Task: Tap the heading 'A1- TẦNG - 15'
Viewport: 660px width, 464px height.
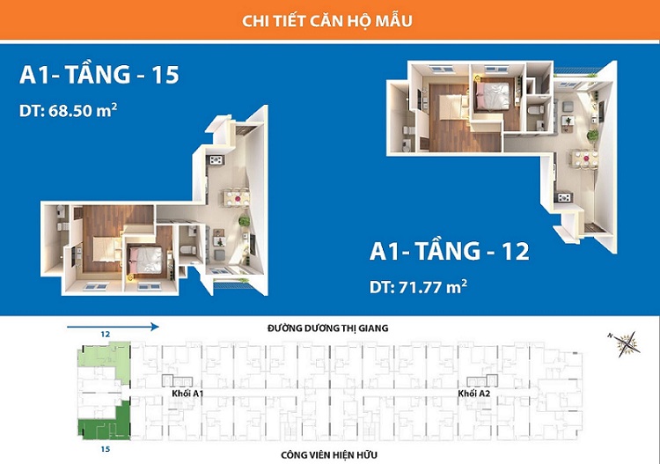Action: (99, 76)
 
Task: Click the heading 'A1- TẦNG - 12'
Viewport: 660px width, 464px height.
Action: (450, 253)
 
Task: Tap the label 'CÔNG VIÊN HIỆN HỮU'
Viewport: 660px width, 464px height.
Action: (328, 455)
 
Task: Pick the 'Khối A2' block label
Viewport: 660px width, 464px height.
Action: (474, 394)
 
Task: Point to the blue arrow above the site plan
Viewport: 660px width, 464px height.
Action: (113, 327)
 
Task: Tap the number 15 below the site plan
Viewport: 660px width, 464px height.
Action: (105, 449)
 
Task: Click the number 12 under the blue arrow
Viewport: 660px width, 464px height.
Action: (105, 335)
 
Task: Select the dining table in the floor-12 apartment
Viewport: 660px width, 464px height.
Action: (582, 159)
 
